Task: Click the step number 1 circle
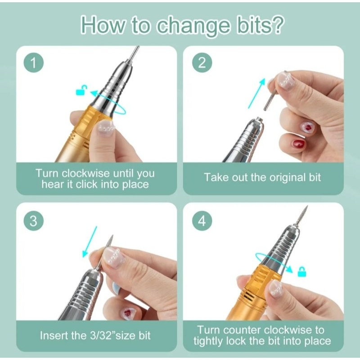point(33,63)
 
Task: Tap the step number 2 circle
point(202,63)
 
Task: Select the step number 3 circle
point(33,221)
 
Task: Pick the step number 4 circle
point(202,221)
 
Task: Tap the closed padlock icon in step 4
point(302,272)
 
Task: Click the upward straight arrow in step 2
point(256,93)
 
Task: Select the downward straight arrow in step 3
point(90,242)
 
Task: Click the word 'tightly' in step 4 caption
point(208,342)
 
